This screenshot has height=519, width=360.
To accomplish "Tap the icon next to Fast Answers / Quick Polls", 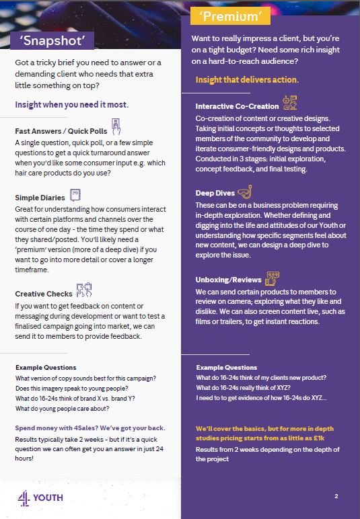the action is coord(116,126).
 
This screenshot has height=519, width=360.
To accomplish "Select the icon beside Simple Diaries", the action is coord(75,196).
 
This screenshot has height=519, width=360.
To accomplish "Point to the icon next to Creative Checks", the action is coord(83,290).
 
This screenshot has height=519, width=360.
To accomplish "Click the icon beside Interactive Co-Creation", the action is coord(290,104).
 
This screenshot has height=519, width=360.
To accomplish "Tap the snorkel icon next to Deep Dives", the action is coord(244,191).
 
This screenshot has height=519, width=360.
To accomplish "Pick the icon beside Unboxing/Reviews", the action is coord(272,278).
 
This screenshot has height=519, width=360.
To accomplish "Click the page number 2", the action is coord(335,496).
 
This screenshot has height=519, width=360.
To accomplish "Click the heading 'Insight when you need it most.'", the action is coord(71,105).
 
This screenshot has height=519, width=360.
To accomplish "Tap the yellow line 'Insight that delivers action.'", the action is coord(247,80).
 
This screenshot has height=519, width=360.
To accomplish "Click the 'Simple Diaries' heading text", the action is coord(40,198).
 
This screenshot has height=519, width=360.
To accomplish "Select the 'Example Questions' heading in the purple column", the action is coord(226,368).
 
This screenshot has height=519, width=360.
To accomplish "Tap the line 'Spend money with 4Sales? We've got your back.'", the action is coord(89,428).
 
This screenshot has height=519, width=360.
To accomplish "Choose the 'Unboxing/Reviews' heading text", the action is coord(227,280).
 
